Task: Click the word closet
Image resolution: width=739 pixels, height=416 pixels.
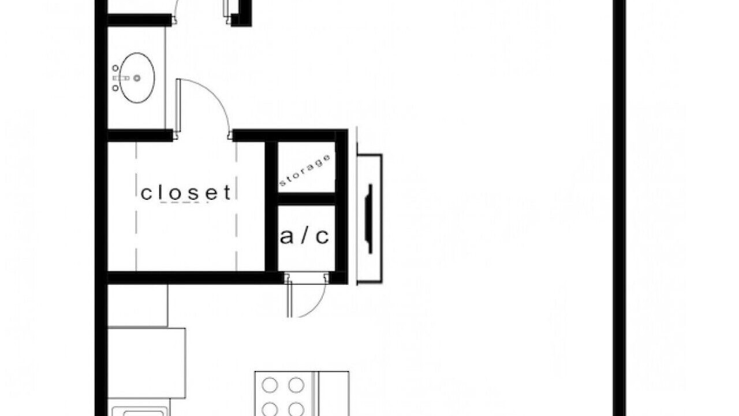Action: (x=186, y=193)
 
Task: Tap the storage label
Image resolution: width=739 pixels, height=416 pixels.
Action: (x=305, y=170)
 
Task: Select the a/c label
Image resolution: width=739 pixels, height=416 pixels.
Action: (x=304, y=236)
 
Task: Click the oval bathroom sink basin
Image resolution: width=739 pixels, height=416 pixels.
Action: (x=137, y=78)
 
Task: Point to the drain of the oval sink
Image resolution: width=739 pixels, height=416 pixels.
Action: (x=137, y=78)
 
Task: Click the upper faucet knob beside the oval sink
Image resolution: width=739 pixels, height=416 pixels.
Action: (x=115, y=68)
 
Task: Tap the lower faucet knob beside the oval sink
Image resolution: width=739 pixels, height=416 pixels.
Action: (x=115, y=88)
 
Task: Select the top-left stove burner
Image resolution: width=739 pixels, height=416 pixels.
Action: (x=270, y=385)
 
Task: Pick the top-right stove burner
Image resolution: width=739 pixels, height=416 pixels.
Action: (x=296, y=385)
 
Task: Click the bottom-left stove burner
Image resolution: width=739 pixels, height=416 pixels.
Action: (x=270, y=410)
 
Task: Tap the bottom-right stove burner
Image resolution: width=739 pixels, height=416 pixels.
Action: (x=296, y=410)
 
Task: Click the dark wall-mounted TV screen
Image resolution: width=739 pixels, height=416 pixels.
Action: (x=369, y=219)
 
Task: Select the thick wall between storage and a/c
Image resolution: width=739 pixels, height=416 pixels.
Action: (x=307, y=199)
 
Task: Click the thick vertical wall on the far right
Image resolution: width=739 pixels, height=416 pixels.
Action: (x=619, y=208)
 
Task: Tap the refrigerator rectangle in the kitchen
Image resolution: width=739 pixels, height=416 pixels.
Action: (x=147, y=363)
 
